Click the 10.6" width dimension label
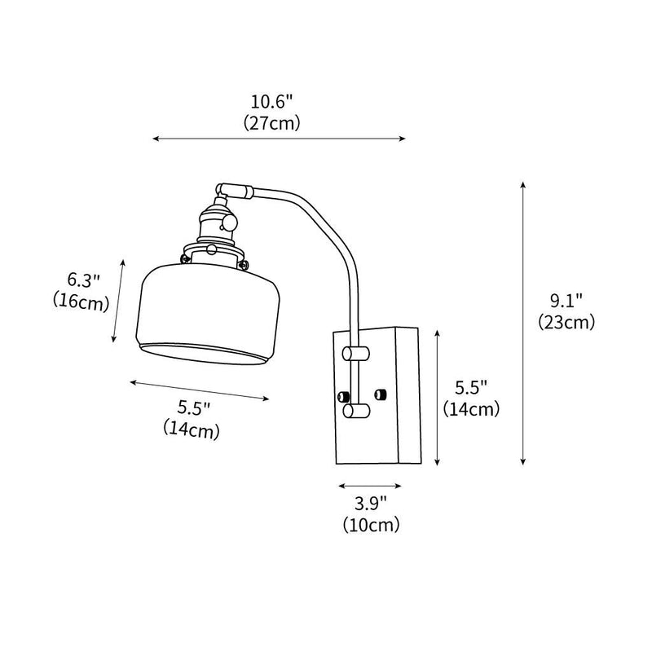(x=272, y=103)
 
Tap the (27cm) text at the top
(x=272, y=123)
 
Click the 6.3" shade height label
(x=84, y=280)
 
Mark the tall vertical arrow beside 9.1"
(x=523, y=324)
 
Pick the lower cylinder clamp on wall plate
(x=354, y=412)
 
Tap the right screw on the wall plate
(x=379, y=395)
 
